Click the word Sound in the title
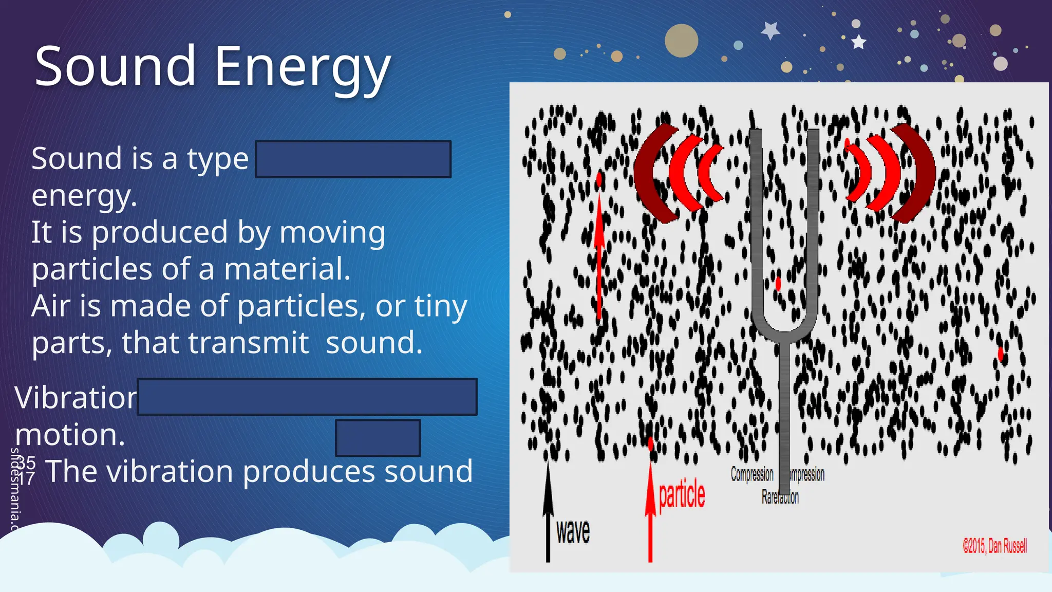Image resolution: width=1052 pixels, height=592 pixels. point(115,66)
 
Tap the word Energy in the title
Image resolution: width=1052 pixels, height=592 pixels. point(302,68)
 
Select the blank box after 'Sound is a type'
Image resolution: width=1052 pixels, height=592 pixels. point(353,159)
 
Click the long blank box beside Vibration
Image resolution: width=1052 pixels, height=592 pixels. point(307,397)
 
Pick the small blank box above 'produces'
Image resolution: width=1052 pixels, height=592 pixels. point(378,438)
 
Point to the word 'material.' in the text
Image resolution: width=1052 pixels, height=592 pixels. point(287,269)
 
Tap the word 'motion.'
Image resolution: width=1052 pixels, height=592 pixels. point(70,435)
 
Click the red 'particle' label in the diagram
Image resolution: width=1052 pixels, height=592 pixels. point(682,495)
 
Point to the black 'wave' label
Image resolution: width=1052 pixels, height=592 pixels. point(573,531)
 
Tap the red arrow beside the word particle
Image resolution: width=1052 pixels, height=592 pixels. point(650,514)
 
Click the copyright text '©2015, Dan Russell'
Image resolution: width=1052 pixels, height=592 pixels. point(994,546)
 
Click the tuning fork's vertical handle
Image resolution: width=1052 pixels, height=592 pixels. point(784,411)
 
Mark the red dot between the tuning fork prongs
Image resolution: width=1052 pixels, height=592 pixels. point(778,283)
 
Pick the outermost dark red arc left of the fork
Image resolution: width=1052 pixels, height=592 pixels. point(648,175)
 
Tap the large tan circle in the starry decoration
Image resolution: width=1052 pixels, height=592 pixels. point(681,41)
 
